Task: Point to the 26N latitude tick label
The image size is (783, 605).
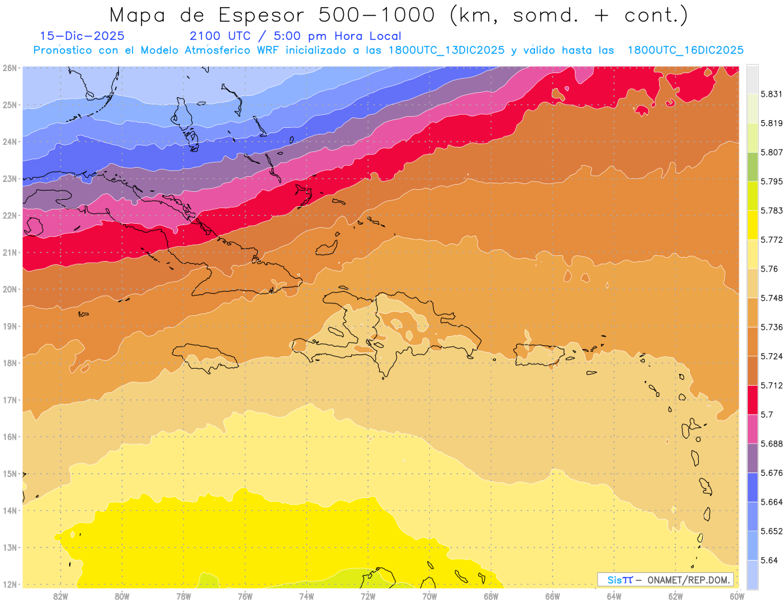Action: point(10,68)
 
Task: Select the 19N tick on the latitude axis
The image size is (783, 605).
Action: point(10,326)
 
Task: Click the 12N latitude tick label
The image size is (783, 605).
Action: point(10,584)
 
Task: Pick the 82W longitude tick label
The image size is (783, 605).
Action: point(61,595)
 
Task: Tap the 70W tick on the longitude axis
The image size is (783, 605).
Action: point(429,595)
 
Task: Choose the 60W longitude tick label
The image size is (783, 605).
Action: point(737,595)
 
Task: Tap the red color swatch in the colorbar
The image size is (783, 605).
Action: point(752,399)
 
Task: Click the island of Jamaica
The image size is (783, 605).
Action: point(206,357)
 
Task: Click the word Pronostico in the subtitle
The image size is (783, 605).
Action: point(65,50)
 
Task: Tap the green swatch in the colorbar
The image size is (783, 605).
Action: point(752,166)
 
